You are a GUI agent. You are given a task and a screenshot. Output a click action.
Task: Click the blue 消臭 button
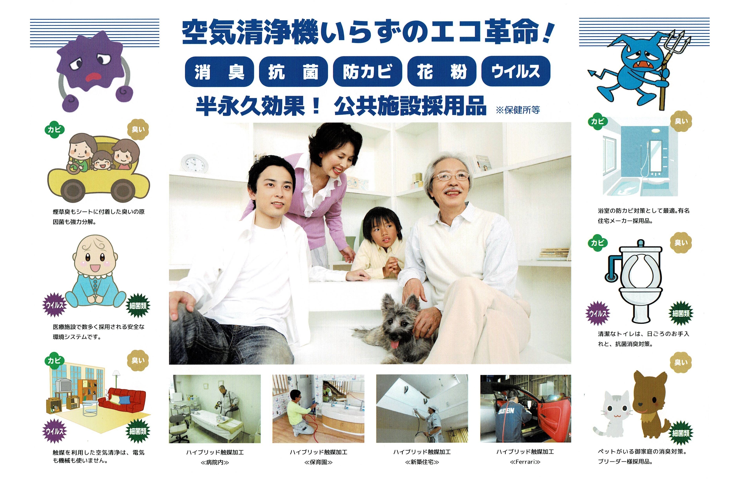click(219, 72)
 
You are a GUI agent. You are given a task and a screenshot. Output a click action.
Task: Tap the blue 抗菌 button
click(293, 72)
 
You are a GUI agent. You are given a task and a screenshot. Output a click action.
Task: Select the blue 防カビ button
click(368, 72)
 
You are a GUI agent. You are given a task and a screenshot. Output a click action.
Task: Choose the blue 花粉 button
click(442, 72)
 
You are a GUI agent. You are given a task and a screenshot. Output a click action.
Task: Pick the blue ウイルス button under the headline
click(516, 71)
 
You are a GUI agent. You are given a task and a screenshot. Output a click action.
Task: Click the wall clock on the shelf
click(194, 163)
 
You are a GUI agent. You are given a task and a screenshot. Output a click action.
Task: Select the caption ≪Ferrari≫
click(525, 462)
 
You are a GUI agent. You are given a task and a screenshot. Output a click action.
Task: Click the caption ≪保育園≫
click(318, 462)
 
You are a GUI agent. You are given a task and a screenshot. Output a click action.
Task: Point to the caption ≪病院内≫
click(215, 462)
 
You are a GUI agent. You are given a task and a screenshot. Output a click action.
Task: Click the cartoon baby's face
click(95, 257)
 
